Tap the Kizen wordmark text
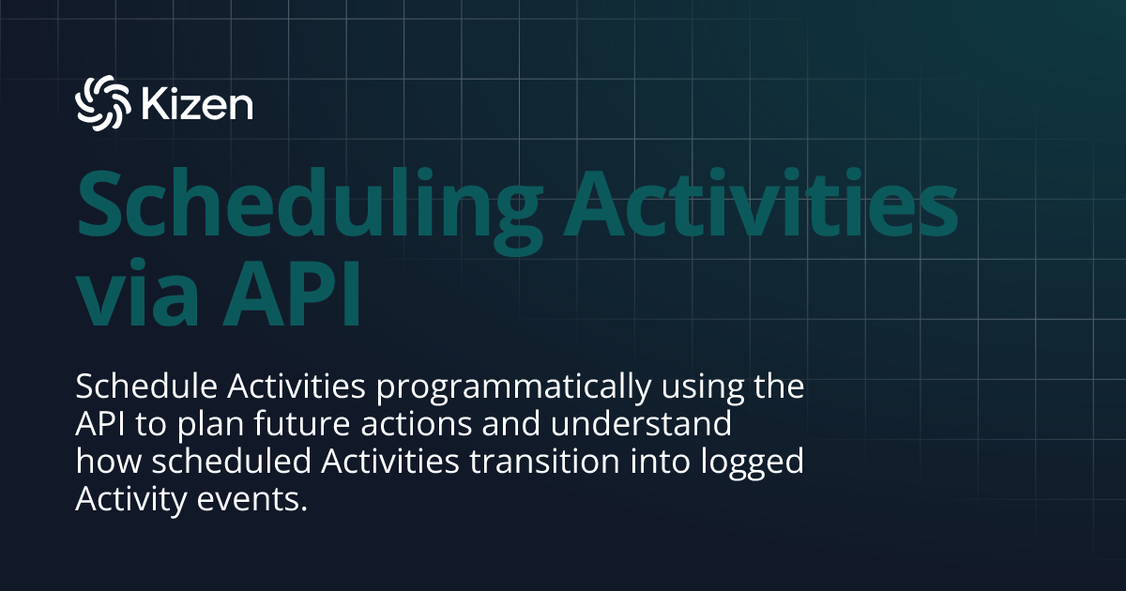pyautogui.click(x=197, y=103)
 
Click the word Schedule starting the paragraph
pyautogui.click(x=137, y=386)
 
